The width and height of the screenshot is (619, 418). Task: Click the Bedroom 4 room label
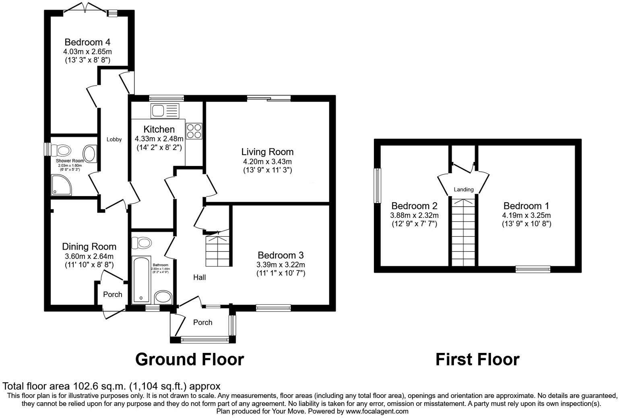(x=87, y=42)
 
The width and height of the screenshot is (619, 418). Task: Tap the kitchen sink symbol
(x=164, y=111)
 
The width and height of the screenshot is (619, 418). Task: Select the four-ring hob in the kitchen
(x=194, y=131)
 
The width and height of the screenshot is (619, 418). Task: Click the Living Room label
(x=267, y=152)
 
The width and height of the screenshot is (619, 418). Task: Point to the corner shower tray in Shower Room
(x=61, y=184)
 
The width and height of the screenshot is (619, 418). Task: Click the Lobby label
(x=114, y=139)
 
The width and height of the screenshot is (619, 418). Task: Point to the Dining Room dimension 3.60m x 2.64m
(x=89, y=256)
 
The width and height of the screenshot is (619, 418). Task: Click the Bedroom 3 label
(x=281, y=255)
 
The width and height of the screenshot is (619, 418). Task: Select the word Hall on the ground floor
(x=199, y=277)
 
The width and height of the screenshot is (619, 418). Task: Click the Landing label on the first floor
(x=464, y=189)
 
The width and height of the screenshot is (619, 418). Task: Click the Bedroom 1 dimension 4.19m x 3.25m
(x=526, y=215)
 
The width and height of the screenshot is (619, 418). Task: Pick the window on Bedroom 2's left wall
(x=378, y=186)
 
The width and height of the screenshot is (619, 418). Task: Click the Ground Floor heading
(x=190, y=359)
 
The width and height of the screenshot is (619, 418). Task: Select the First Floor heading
(x=477, y=359)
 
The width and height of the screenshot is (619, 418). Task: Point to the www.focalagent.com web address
(x=377, y=411)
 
